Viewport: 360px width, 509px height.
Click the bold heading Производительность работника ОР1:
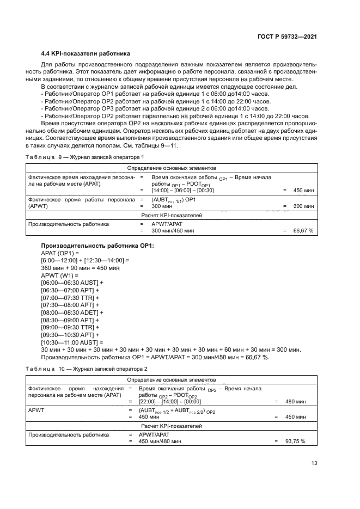coord(97,246)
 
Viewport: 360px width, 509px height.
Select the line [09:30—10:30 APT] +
coord(70,335)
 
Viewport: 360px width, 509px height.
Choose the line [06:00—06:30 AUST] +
coord(72,283)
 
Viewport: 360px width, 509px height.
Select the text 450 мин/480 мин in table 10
coord(160,441)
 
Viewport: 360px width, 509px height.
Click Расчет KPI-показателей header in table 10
coord(172,426)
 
